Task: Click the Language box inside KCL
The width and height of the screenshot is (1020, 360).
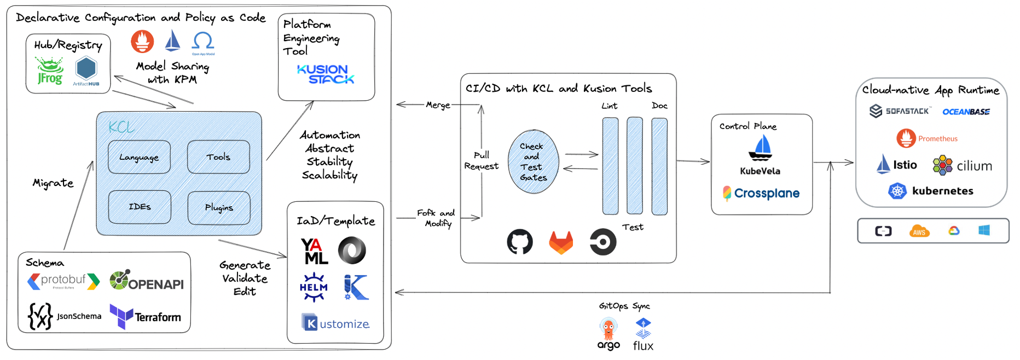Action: coord(139,157)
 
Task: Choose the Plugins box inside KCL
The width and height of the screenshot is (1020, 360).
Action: coord(219,207)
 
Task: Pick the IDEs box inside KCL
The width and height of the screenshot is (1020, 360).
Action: coord(140,207)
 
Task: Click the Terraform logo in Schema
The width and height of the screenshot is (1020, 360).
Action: coord(146,316)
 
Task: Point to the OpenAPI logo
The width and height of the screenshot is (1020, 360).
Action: coord(146,281)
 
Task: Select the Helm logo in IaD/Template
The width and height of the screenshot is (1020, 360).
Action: coord(314,287)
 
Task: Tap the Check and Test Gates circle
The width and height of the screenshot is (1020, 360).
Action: coord(532,162)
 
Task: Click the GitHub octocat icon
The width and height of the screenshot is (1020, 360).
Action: coord(519,241)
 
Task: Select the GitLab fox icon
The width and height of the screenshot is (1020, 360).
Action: coord(561,242)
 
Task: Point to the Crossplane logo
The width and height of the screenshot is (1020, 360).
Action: coord(761,193)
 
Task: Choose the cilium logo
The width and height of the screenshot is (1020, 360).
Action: coord(962,165)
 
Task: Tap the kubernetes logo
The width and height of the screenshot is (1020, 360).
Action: coord(931,191)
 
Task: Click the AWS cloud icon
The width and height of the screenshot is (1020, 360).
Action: coord(919,231)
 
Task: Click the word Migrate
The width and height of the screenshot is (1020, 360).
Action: coord(53,183)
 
